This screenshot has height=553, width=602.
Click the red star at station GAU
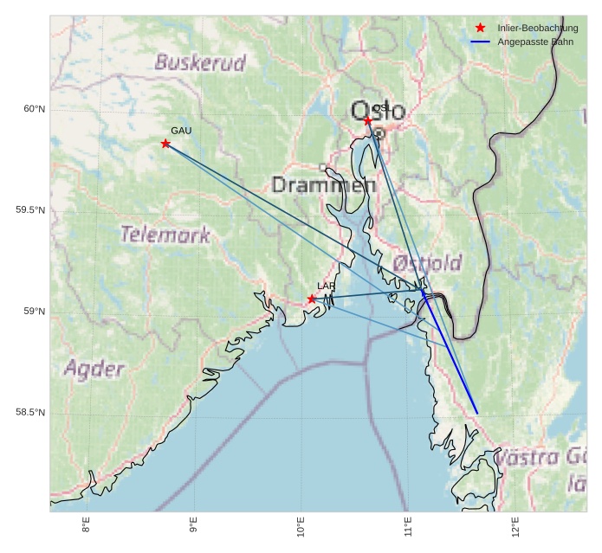tap(165, 144)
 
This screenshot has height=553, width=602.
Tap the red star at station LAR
tap(312, 299)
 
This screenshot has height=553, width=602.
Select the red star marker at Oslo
tap(368, 121)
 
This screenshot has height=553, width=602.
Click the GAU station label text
tap(181, 131)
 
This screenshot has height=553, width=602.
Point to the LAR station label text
tap(326, 286)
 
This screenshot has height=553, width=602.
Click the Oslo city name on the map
tap(378, 111)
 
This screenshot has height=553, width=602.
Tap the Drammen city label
tap(324, 185)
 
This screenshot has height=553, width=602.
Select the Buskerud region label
tap(200, 62)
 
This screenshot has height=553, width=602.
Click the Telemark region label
tap(165, 235)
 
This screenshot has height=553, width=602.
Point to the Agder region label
tap(94, 370)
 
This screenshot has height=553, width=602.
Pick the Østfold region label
tap(427, 263)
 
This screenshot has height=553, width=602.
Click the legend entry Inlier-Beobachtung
tap(538, 29)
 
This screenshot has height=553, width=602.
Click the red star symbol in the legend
tap(481, 29)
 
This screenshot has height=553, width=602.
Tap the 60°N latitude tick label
tap(34, 109)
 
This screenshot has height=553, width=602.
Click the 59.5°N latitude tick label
tap(30, 210)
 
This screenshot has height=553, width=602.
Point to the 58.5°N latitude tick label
tap(30, 413)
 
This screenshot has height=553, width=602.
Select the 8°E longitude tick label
tap(86, 526)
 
